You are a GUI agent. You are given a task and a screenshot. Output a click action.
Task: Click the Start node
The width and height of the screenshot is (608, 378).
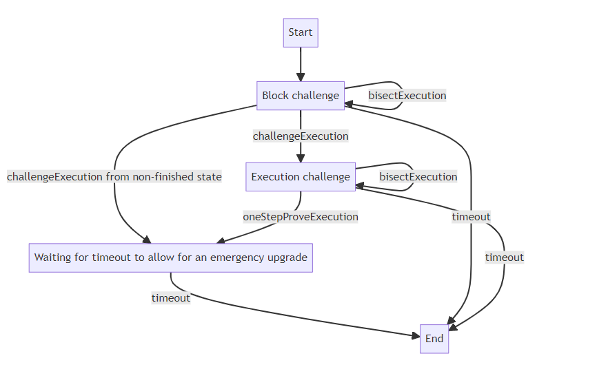(x=301, y=32)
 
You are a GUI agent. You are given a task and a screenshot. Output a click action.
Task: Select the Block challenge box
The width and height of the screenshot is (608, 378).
(x=301, y=96)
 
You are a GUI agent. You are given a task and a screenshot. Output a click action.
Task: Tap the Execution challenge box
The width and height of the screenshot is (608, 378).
(x=301, y=177)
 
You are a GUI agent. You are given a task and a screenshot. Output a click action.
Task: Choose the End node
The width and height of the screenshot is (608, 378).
(x=434, y=339)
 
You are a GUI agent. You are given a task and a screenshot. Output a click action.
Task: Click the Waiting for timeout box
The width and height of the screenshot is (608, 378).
(x=170, y=258)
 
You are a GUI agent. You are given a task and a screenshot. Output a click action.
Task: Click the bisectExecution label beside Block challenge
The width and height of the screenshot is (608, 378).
(x=407, y=96)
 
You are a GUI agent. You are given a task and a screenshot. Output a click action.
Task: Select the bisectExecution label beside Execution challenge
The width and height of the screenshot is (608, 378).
(x=418, y=177)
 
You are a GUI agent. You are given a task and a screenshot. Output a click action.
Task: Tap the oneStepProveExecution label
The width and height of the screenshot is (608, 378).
(x=301, y=217)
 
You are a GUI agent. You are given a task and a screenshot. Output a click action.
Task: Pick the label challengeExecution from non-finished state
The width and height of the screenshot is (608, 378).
(x=114, y=177)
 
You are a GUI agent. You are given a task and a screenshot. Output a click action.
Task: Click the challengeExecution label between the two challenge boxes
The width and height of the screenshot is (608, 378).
(x=301, y=136)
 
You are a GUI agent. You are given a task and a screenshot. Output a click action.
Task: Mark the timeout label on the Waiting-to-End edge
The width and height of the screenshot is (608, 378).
(x=171, y=298)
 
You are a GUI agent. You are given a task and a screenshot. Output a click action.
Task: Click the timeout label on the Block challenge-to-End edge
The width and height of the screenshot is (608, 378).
(x=472, y=217)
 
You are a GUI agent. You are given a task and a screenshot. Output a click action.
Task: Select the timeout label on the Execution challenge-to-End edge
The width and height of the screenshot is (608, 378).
(x=505, y=258)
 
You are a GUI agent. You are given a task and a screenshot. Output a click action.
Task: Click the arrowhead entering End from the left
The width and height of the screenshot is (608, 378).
(x=416, y=336)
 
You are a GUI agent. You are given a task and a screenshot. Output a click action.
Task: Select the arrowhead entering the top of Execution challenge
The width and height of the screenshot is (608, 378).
(x=301, y=158)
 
